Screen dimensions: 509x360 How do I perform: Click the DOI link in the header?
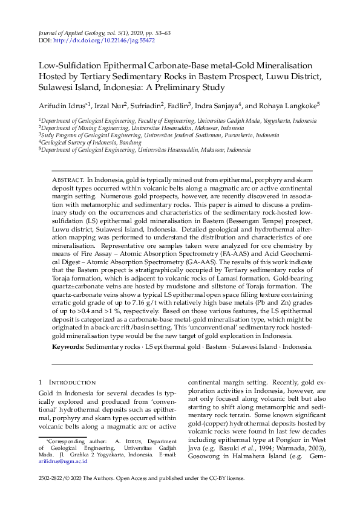point(104,41)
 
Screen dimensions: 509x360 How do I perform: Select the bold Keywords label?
point(67,347)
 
